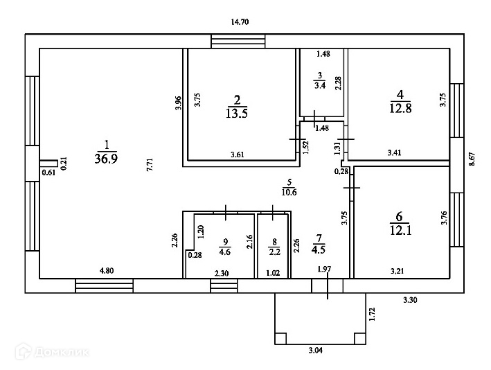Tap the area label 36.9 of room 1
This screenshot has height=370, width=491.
tap(106, 158)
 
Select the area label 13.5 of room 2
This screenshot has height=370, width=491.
tap(237, 113)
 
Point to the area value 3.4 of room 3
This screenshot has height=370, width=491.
tap(319, 86)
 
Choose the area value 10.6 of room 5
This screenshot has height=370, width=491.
tap(289, 192)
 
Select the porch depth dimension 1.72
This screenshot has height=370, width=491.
tap(372, 315)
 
